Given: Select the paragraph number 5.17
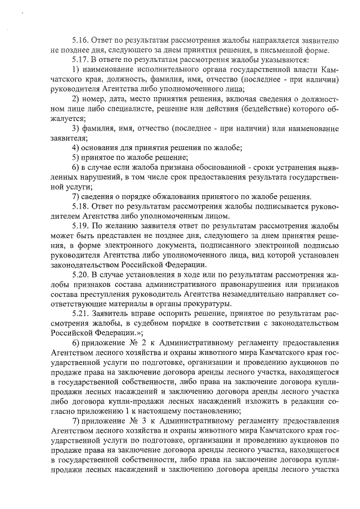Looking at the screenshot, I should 80,60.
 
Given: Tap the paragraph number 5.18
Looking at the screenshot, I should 80,206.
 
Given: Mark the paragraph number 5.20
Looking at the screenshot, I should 80,275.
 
